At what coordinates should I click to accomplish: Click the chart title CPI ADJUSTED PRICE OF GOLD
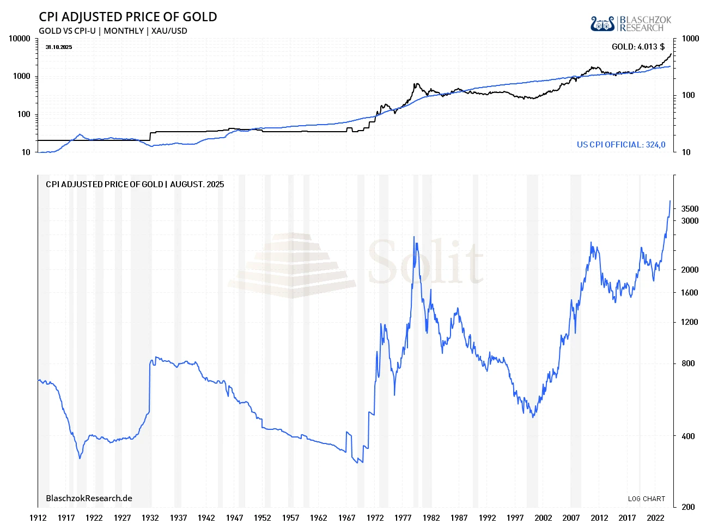pyautogui.click(x=127, y=17)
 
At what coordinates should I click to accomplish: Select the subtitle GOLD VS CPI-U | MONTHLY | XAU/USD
pyautogui.click(x=113, y=31)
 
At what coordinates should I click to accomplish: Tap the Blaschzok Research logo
pyautogui.click(x=630, y=24)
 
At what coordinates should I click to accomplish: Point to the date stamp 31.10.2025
pyautogui.click(x=59, y=47)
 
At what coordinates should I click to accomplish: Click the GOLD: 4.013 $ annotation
pyautogui.click(x=638, y=47)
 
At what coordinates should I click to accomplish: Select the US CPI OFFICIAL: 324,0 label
pyautogui.click(x=621, y=145)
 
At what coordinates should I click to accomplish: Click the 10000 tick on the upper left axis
pyautogui.click(x=19, y=39)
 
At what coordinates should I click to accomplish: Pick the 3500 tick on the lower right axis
pyautogui.click(x=689, y=209)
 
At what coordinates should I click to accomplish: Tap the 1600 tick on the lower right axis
pyautogui.click(x=689, y=293)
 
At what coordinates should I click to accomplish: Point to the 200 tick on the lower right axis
pyautogui.click(x=688, y=507)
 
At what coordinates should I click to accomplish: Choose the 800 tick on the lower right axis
pyautogui.click(x=688, y=363)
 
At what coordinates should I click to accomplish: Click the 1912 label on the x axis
pyautogui.click(x=38, y=518)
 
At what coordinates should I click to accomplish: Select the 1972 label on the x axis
pyautogui.click(x=375, y=518)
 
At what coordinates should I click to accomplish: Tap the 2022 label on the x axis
pyautogui.click(x=655, y=518)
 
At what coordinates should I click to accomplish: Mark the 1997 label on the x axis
pyautogui.click(x=515, y=518)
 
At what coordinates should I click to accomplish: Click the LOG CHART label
pyautogui.click(x=646, y=499)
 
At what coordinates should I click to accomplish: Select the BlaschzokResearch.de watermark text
pyautogui.click(x=89, y=498)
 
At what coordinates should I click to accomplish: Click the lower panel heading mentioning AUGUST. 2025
pyautogui.click(x=135, y=184)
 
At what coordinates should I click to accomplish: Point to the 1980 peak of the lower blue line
pyautogui.click(x=415, y=237)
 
